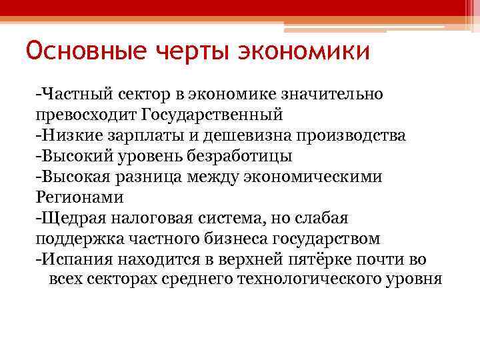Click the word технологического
pyautogui.click(x=313, y=279)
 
